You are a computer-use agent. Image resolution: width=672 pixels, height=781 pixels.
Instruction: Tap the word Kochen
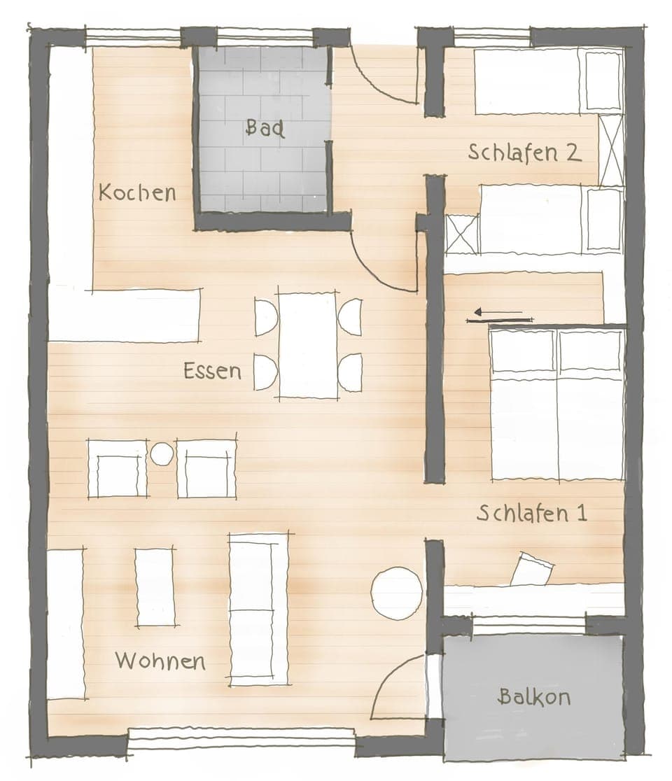137,192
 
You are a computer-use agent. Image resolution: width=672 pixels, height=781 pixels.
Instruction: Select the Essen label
212,370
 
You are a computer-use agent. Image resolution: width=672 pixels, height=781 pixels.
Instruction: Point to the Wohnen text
160,661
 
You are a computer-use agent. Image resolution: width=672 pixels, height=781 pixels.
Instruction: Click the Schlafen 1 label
531,513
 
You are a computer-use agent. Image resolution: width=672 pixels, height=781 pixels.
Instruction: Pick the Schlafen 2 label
524,153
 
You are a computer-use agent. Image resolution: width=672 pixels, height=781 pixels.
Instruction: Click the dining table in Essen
307,345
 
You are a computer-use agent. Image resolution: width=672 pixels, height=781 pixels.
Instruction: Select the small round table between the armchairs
162,454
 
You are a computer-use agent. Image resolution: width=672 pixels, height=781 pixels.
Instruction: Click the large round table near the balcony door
396,593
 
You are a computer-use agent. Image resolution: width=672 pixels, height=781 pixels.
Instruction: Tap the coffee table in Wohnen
155,587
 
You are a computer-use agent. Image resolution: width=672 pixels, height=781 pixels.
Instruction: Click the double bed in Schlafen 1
557,404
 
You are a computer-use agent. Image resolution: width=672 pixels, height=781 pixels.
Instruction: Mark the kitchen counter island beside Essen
124,315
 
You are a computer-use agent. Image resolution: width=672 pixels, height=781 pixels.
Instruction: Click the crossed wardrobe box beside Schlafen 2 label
610,150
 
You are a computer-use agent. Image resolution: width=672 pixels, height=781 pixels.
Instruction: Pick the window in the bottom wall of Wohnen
241,737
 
